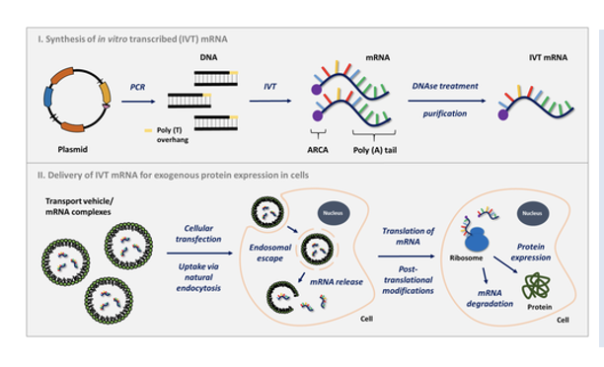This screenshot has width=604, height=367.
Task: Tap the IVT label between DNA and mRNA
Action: [268, 87]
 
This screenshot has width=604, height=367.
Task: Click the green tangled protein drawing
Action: [539, 280]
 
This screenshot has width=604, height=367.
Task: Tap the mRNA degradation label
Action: [487, 300]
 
